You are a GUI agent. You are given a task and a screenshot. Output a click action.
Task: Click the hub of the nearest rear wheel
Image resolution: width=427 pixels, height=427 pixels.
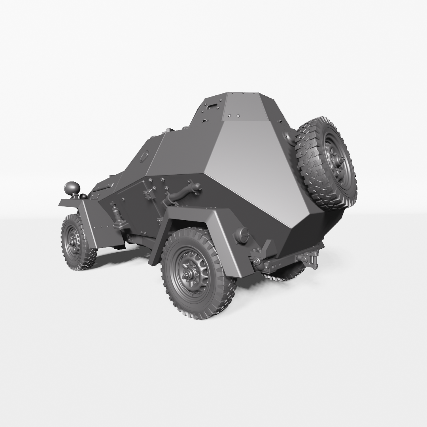point(189,272)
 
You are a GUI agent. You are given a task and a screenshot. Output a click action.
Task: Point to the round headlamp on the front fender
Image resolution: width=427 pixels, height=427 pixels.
point(72,187)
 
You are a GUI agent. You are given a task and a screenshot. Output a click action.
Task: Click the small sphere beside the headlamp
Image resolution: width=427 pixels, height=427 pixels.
point(83,196)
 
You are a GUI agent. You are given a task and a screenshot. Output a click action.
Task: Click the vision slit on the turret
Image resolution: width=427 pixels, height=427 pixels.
point(212,106)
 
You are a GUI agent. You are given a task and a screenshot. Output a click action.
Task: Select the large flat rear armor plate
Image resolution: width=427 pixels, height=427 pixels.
point(253,166)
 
